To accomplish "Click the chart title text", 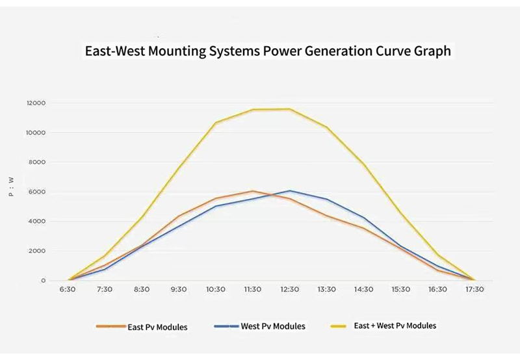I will [x=268, y=51].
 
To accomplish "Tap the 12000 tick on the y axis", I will [x=36, y=103].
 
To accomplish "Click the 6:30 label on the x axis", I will [x=68, y=290].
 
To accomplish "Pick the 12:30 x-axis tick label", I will [x=289, y=290].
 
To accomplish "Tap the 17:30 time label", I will [x=474, y=290].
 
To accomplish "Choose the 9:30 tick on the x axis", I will [x=179, y=290].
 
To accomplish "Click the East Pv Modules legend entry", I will [x=157, y=327].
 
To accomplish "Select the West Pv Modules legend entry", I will [x=273, y=326].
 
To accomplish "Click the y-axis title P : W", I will [x=11, y=186].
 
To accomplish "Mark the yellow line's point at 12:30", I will [x=290, y=109].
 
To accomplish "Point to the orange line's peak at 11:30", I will [x=253, y=191].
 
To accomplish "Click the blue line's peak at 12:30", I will [x=290, y=191].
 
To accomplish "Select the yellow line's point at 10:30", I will [x=216, y=123].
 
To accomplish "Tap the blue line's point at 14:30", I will [x=363, y=218].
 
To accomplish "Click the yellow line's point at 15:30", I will [x=400, y=212].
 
